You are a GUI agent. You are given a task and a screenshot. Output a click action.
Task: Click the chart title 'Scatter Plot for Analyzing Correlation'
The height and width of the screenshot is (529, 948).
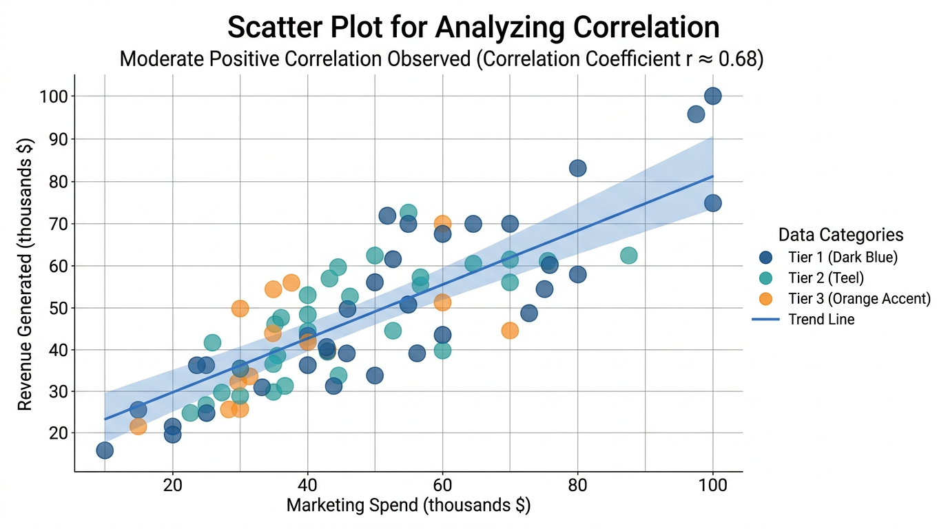(473, 28)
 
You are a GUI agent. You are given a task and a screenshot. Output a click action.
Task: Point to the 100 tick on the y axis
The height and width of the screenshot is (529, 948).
(54, 96)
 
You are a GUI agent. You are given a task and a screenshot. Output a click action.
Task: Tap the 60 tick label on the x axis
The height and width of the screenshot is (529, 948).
(442, 484)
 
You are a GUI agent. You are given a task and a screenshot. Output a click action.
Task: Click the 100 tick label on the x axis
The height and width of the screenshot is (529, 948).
(712, 484)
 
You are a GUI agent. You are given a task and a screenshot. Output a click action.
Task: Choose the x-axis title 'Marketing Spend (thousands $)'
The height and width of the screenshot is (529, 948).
(409, 506)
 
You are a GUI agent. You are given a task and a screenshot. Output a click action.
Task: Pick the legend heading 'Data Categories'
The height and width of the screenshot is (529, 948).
(841, 235)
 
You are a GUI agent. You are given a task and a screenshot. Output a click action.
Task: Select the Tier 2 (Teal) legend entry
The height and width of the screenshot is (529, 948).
(825, 278)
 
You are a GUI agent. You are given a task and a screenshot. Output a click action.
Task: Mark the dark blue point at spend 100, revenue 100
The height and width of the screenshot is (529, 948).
(713, 96)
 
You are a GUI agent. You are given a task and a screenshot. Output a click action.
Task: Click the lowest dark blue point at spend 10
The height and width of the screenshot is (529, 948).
(105, 450)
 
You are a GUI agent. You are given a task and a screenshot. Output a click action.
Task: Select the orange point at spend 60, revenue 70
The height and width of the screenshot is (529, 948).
(442, 224)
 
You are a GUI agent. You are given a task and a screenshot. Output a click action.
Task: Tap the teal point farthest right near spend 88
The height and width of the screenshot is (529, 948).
(628, 256)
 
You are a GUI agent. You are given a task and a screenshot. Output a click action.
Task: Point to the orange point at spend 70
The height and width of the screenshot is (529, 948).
(510, 331)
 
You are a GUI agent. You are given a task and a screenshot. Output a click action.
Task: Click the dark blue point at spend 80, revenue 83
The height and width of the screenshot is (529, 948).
(578, 168)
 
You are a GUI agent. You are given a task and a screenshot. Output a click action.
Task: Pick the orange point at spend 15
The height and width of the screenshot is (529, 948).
(138, 426)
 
